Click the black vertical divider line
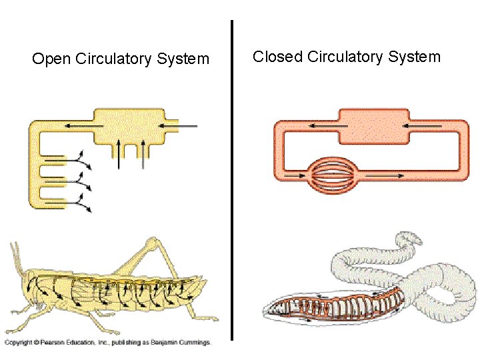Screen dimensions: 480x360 click(x=232, y=180)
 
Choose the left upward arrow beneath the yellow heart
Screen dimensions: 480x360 click(x=119, y=153)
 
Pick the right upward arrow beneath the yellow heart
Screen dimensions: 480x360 click(x=142, y=153)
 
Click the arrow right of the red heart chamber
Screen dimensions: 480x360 click(x=427, y=125)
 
